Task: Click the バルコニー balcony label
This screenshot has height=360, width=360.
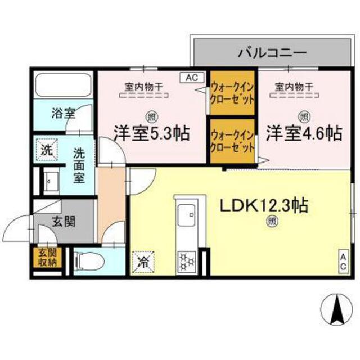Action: pyautogui.click(x=271, y=53)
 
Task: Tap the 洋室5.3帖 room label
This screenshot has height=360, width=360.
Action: pyautogui.click(x=151, y=133)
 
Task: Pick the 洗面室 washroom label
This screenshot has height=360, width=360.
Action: pyautogui.click(x=81, y=163)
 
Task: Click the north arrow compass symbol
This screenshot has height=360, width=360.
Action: pyautogui.click(x=337, y=307)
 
